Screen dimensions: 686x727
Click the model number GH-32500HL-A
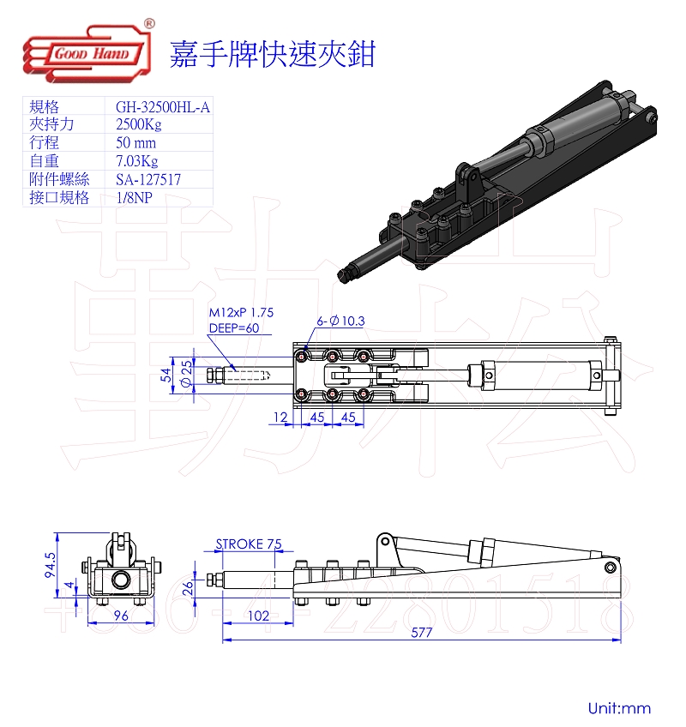[x=163, y=107]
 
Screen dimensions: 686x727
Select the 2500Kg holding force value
[x=139, y=124]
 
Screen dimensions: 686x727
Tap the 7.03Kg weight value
[x=137, y=161]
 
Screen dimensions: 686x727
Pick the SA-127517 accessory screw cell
[x=148, y=179]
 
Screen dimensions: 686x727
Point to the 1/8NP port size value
[x=134, y=197]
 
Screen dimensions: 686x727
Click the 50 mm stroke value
[x=135, y=143]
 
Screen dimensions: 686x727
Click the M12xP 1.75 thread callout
[x=241, y=313]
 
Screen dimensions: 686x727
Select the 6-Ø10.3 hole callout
[x=340, y=321]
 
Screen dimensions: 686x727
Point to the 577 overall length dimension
[x=422, y=633]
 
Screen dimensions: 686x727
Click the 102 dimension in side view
[x=258, y=616]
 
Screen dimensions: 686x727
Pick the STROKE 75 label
[x=249, y=544]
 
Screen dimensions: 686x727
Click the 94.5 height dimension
[x=50, y=565]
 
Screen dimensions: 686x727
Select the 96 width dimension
[x=121, y=616]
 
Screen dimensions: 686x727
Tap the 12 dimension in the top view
[x=280, y=418]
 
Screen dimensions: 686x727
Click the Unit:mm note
[x=619, y=708]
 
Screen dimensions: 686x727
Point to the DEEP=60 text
[x=234, y=327]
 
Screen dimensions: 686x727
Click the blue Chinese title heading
[x=273, y=54]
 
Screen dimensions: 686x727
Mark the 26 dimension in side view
[x=188, y=588]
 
